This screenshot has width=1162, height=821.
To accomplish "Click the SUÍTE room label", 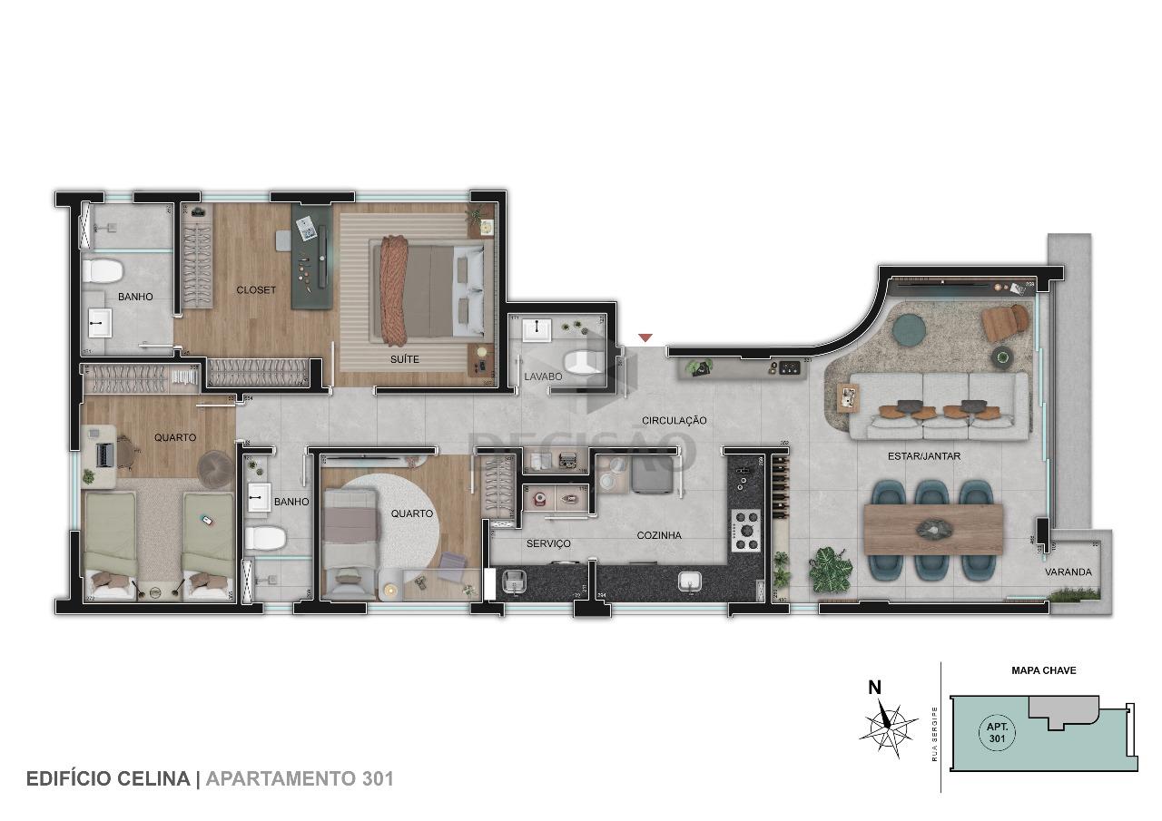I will pos(405,359).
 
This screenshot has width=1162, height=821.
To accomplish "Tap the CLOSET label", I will pos(256,290).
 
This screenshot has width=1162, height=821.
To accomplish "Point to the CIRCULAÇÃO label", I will pos(674,420).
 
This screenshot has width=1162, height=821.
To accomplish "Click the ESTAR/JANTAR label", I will pos(923,456).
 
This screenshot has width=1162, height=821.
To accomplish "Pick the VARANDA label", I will pos(1068,572).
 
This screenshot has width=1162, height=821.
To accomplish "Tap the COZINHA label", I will pos(659,536).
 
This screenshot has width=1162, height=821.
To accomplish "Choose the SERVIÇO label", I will pos(548,543).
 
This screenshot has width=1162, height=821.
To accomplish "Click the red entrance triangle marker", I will pos(645,338).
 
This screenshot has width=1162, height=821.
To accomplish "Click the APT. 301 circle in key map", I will pos(996,732).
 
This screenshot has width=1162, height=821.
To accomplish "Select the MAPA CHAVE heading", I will pos(1043,671).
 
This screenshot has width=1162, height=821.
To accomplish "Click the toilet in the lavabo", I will pos(584,362).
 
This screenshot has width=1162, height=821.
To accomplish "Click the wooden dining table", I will pos(933,529).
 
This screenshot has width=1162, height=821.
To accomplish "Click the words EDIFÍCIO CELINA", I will pos(108,778).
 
